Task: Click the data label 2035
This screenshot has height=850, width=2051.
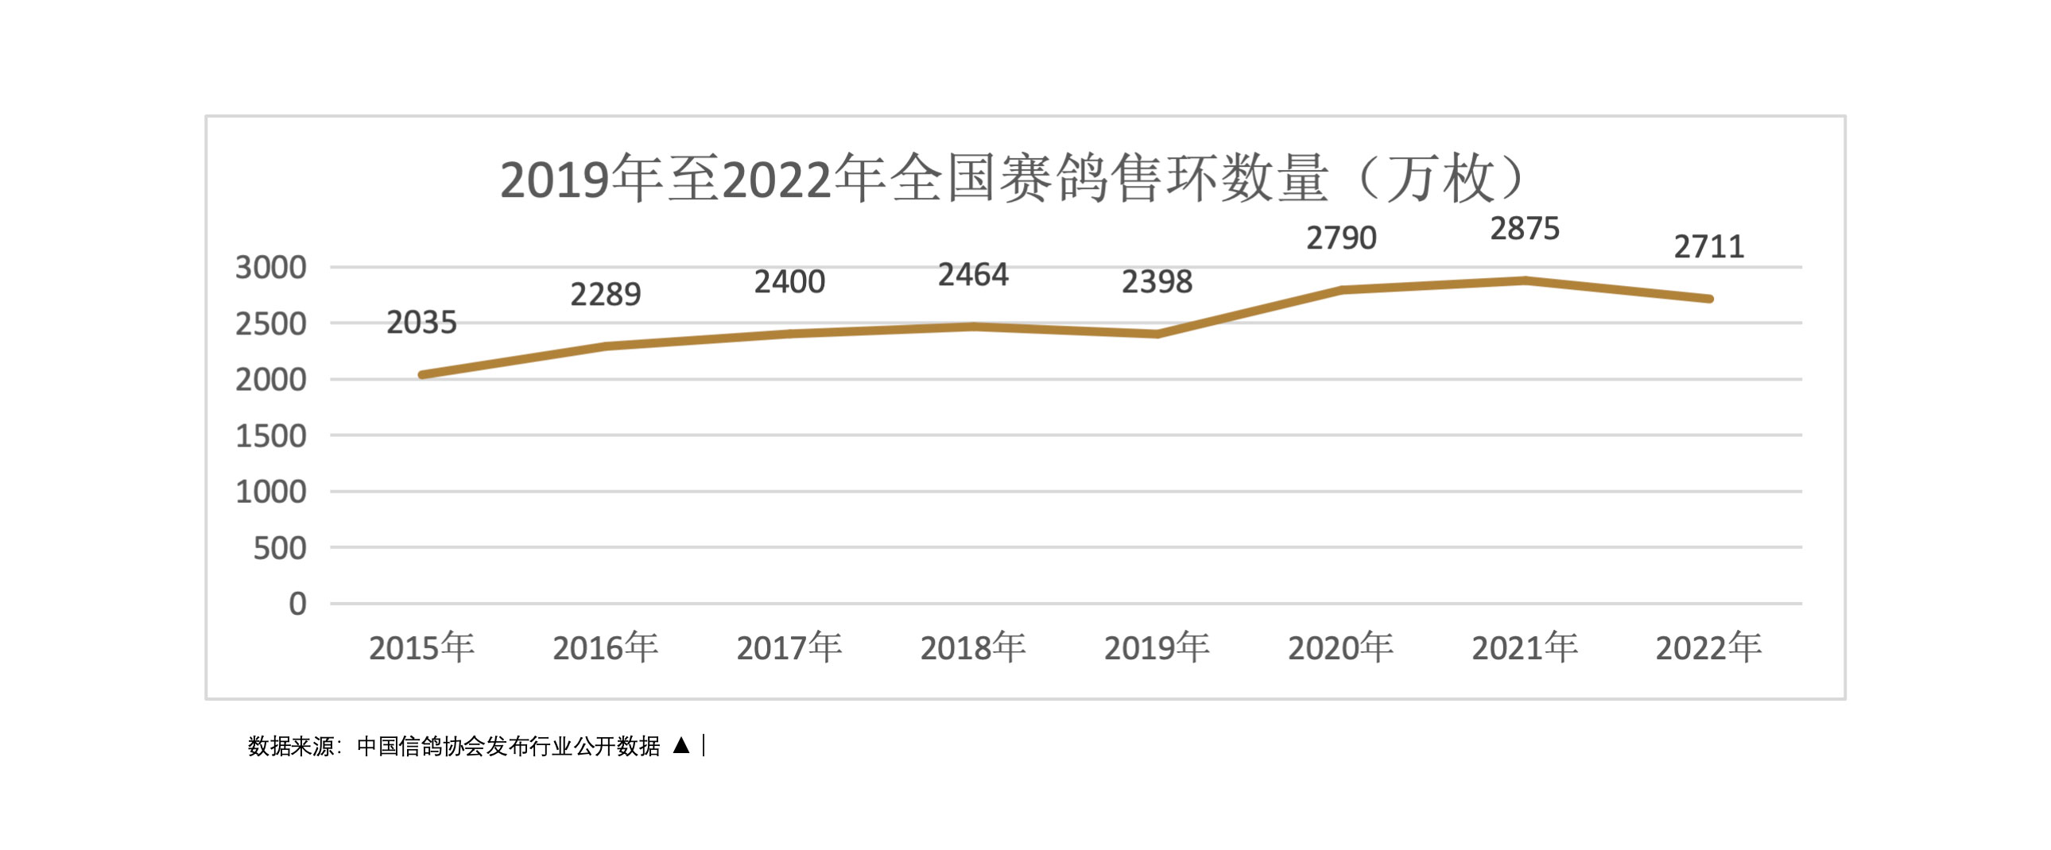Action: (421, 323)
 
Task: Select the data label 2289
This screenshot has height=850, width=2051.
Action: (605, 295)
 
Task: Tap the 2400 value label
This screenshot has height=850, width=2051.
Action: (789, 282)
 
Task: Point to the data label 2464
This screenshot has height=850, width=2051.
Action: (973, 275)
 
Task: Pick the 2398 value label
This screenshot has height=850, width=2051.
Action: (1157, 282)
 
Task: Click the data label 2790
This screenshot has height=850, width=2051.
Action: (1341, 238)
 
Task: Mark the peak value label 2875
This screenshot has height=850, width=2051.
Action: (1525, 230)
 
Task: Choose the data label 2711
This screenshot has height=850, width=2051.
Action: (1708, 247)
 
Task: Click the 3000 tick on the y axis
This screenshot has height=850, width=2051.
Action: (271, 268)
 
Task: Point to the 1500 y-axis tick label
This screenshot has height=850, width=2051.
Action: (271, 436)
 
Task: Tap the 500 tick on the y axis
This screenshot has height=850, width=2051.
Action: (280, 548)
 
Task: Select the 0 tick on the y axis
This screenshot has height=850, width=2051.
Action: (297, 604)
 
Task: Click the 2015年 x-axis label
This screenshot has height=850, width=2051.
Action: (421, 648)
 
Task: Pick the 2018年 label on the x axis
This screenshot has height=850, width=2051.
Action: (973, 648)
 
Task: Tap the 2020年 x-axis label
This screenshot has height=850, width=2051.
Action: (1341, 648)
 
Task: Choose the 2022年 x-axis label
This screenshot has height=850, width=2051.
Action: (1708, 648)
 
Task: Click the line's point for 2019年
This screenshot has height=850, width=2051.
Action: (1157, 334)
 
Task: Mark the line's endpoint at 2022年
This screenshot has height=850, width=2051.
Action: (1708, 299)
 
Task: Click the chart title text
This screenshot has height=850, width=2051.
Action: (1011, 178)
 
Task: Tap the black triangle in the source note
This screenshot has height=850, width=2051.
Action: (680, 746)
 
